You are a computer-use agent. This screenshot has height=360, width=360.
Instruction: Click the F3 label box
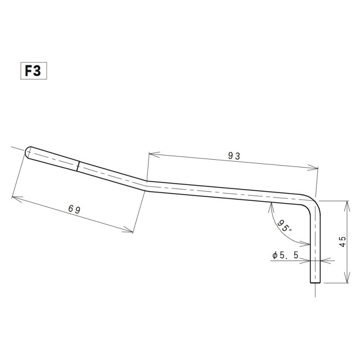(34, 71)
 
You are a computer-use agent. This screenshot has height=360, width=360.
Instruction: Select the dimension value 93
(234, 156)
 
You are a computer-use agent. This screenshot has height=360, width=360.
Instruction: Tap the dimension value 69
(74, 209)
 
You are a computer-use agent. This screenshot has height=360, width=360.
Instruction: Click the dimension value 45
(342, 242)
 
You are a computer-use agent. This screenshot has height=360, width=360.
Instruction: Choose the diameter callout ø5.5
(285, 255)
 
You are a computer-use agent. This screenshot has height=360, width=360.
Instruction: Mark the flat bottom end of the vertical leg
(315, 283)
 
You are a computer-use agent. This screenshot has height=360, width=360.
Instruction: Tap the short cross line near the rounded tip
(78, 166)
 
